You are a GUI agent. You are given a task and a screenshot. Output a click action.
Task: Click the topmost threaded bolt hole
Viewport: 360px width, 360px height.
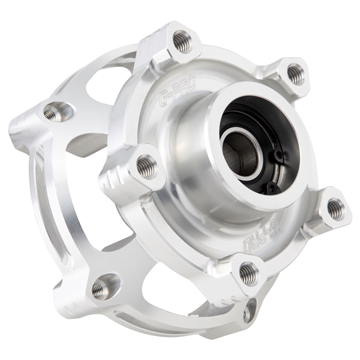pos(182,41)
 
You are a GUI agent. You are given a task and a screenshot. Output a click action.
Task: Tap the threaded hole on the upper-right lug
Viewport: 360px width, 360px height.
pos(295,74)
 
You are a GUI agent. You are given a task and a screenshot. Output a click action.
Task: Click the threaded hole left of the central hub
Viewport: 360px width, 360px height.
pos(146,166)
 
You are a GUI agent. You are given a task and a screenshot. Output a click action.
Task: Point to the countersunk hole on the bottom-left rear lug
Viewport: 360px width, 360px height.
pos(103,289)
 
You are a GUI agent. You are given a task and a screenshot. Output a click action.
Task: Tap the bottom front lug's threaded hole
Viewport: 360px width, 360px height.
pos(248,273)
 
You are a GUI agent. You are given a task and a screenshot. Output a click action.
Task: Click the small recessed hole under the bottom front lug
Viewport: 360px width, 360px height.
pos(248,310)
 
